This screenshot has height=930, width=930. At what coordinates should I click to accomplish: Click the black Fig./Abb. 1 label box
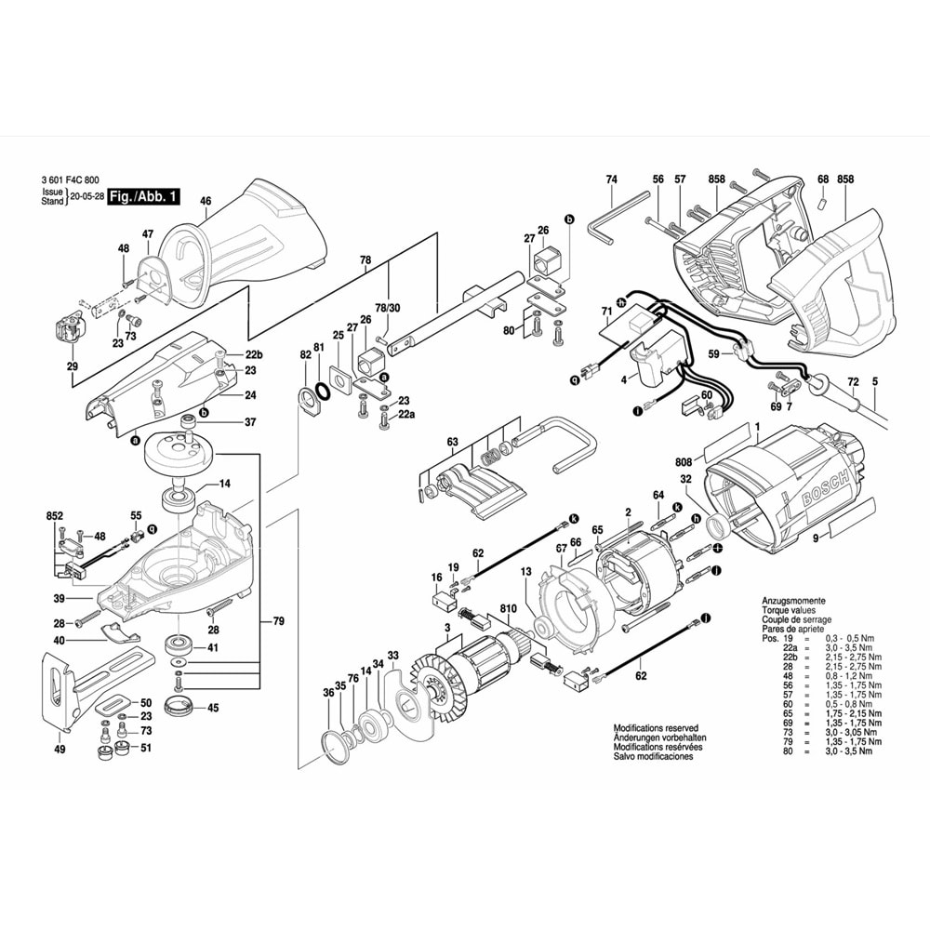[143, 197]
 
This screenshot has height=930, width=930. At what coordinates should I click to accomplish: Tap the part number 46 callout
[206, 201]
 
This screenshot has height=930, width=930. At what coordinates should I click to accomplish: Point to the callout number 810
[509, 608]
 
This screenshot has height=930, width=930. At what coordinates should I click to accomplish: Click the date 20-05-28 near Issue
[86, 197]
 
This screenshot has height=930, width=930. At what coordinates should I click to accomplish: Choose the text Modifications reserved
[655, 728]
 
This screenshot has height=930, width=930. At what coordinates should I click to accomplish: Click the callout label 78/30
[387, 307]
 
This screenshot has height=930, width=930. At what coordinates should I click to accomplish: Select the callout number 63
[453, 441]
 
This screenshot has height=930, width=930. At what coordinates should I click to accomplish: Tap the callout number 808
[684, 460]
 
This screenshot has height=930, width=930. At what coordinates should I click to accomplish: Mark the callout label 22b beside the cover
[254, 355]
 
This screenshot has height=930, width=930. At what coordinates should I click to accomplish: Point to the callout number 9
[815, 538]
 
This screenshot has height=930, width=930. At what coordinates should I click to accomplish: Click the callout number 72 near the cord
[852, 382]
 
